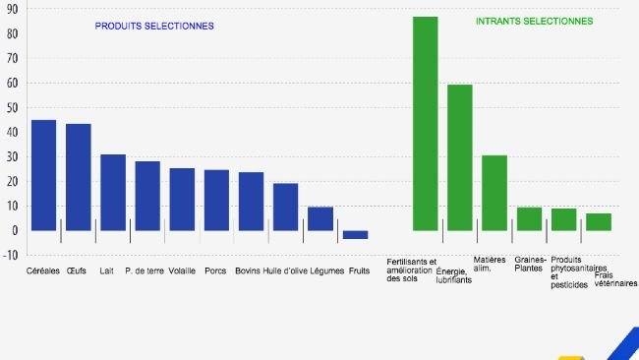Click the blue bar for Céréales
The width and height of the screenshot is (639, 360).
click(43, 175)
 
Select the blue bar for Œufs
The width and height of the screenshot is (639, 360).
click(79, 177)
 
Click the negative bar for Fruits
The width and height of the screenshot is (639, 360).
click(355, 235)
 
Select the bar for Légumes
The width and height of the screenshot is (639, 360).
click(320, 218)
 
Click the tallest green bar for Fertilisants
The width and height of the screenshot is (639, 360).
click(425, 123)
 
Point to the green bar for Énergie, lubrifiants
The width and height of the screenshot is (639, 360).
click(459, 157)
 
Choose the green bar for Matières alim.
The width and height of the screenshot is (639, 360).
click(494, 193)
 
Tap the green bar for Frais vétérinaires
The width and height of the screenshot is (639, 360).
click(599, 221)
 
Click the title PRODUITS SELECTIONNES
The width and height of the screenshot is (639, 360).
click(154, 26)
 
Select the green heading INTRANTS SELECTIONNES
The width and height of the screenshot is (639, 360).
click(534, 21)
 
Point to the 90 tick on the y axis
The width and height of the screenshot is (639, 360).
click(12, 10)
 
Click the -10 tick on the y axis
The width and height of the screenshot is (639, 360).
click(11, 255)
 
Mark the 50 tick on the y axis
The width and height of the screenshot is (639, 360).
click(12, 108)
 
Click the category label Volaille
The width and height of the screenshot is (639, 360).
click(182, 270)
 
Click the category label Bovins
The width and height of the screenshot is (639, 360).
click(248, 270)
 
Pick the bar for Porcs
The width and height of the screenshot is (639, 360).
click(216, 200)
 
